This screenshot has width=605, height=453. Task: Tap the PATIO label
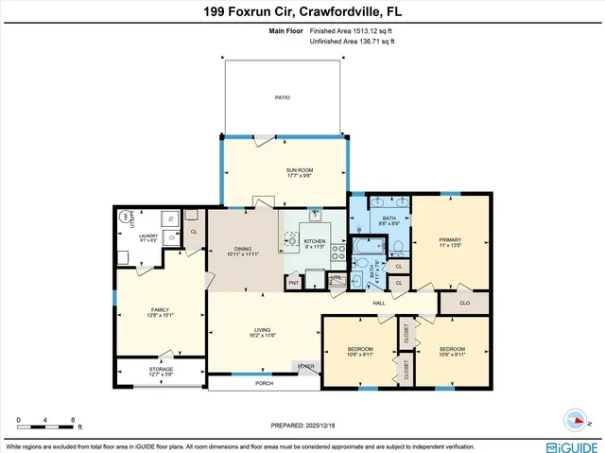pos(282,97)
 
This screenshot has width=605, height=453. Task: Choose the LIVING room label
pos(263,331)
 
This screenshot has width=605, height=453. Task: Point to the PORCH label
pos(264,384)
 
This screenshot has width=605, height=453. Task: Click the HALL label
pos(379,303)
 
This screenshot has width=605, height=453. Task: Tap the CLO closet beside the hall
pos(465,304)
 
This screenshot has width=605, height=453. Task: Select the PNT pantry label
pos(294,282)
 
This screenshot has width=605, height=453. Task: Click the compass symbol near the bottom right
pos(577,420)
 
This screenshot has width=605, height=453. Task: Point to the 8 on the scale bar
pos(73,419)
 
